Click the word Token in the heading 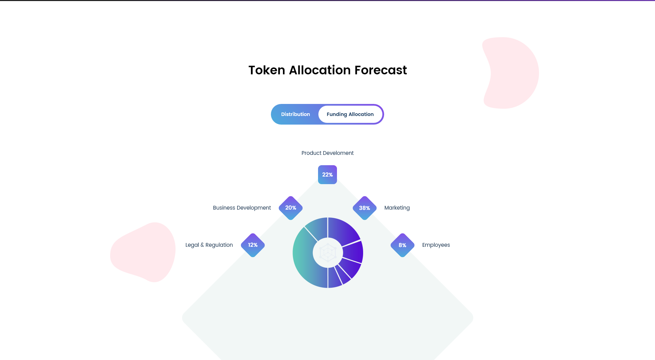point(267,70)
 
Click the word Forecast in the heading point(381,70)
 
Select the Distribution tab point(295,114)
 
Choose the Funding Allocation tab point(350,114)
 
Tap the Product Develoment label point(327,153)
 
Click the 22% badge point(327,174)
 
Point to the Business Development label point(242,208)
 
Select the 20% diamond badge point(290,208)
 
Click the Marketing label point(397,208)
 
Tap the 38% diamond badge point(365,208)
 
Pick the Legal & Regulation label point(209,245)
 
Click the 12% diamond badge point(253,245)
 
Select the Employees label point(436,245)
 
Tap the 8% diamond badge point(402,245)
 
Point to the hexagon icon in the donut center point(328,253)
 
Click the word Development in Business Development point(254,208)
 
